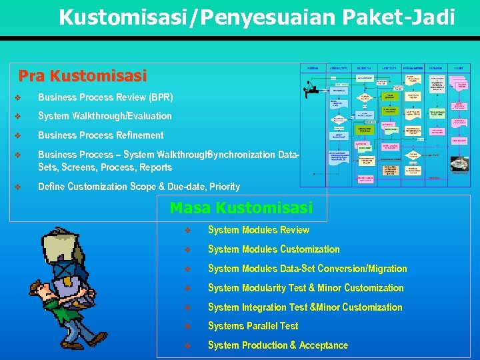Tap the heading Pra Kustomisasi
click(x=82, y=76)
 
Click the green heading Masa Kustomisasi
click(x=241, y=208)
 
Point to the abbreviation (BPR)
click(x=161, y=97)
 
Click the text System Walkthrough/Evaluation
click(x=105, y=116)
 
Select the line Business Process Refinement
click(x=101, y=135)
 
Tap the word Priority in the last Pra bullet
click(x=225, y=187)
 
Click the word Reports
click(x=155, y=167)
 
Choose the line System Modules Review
click(x=258, y=230)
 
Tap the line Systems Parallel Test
click(x=253, y=326)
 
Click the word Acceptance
click(x=323, y=345)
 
